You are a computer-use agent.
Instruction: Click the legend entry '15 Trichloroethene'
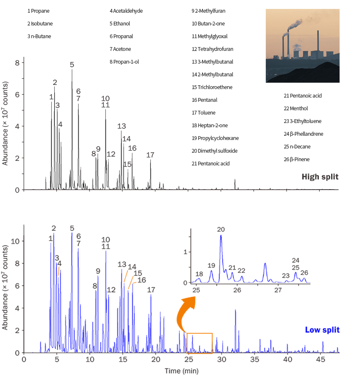213,87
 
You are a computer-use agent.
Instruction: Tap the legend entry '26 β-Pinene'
296,160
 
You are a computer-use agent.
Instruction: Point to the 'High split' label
320,176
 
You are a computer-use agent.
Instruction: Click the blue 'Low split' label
322,330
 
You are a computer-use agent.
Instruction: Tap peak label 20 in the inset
221,229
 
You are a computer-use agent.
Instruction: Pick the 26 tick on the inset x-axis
237,291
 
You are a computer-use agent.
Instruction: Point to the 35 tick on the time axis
254,359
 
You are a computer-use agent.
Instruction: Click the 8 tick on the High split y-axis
17,63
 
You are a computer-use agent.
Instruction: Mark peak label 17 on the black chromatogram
150,155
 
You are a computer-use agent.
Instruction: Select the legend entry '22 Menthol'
296,109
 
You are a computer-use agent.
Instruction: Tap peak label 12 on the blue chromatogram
111,290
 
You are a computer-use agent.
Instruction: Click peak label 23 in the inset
286,276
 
